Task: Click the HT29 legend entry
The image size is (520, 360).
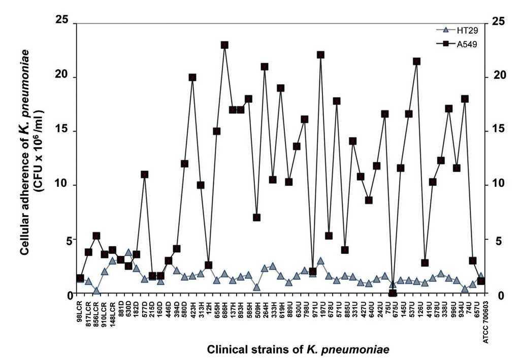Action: click(x=455, y=30)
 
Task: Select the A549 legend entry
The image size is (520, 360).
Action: click(x=455, y=44)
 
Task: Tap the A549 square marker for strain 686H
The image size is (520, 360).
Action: click(x=224, y=45)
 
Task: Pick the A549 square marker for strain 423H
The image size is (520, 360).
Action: click(x=192, y=77)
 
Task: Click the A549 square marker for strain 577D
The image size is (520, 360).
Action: click(x=144, y=174)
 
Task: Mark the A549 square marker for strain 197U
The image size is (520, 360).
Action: click(x=320, y=55)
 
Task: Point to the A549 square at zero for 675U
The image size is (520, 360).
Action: click(x=393, y=293)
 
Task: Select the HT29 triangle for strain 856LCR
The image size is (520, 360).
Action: click(x=96, y=291)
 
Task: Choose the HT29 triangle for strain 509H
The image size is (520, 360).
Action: click(x=256, y=287)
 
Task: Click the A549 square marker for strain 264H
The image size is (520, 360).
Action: click(x=265, y=67)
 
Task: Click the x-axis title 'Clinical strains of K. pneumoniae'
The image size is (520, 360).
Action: click(x=298, y=350)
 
